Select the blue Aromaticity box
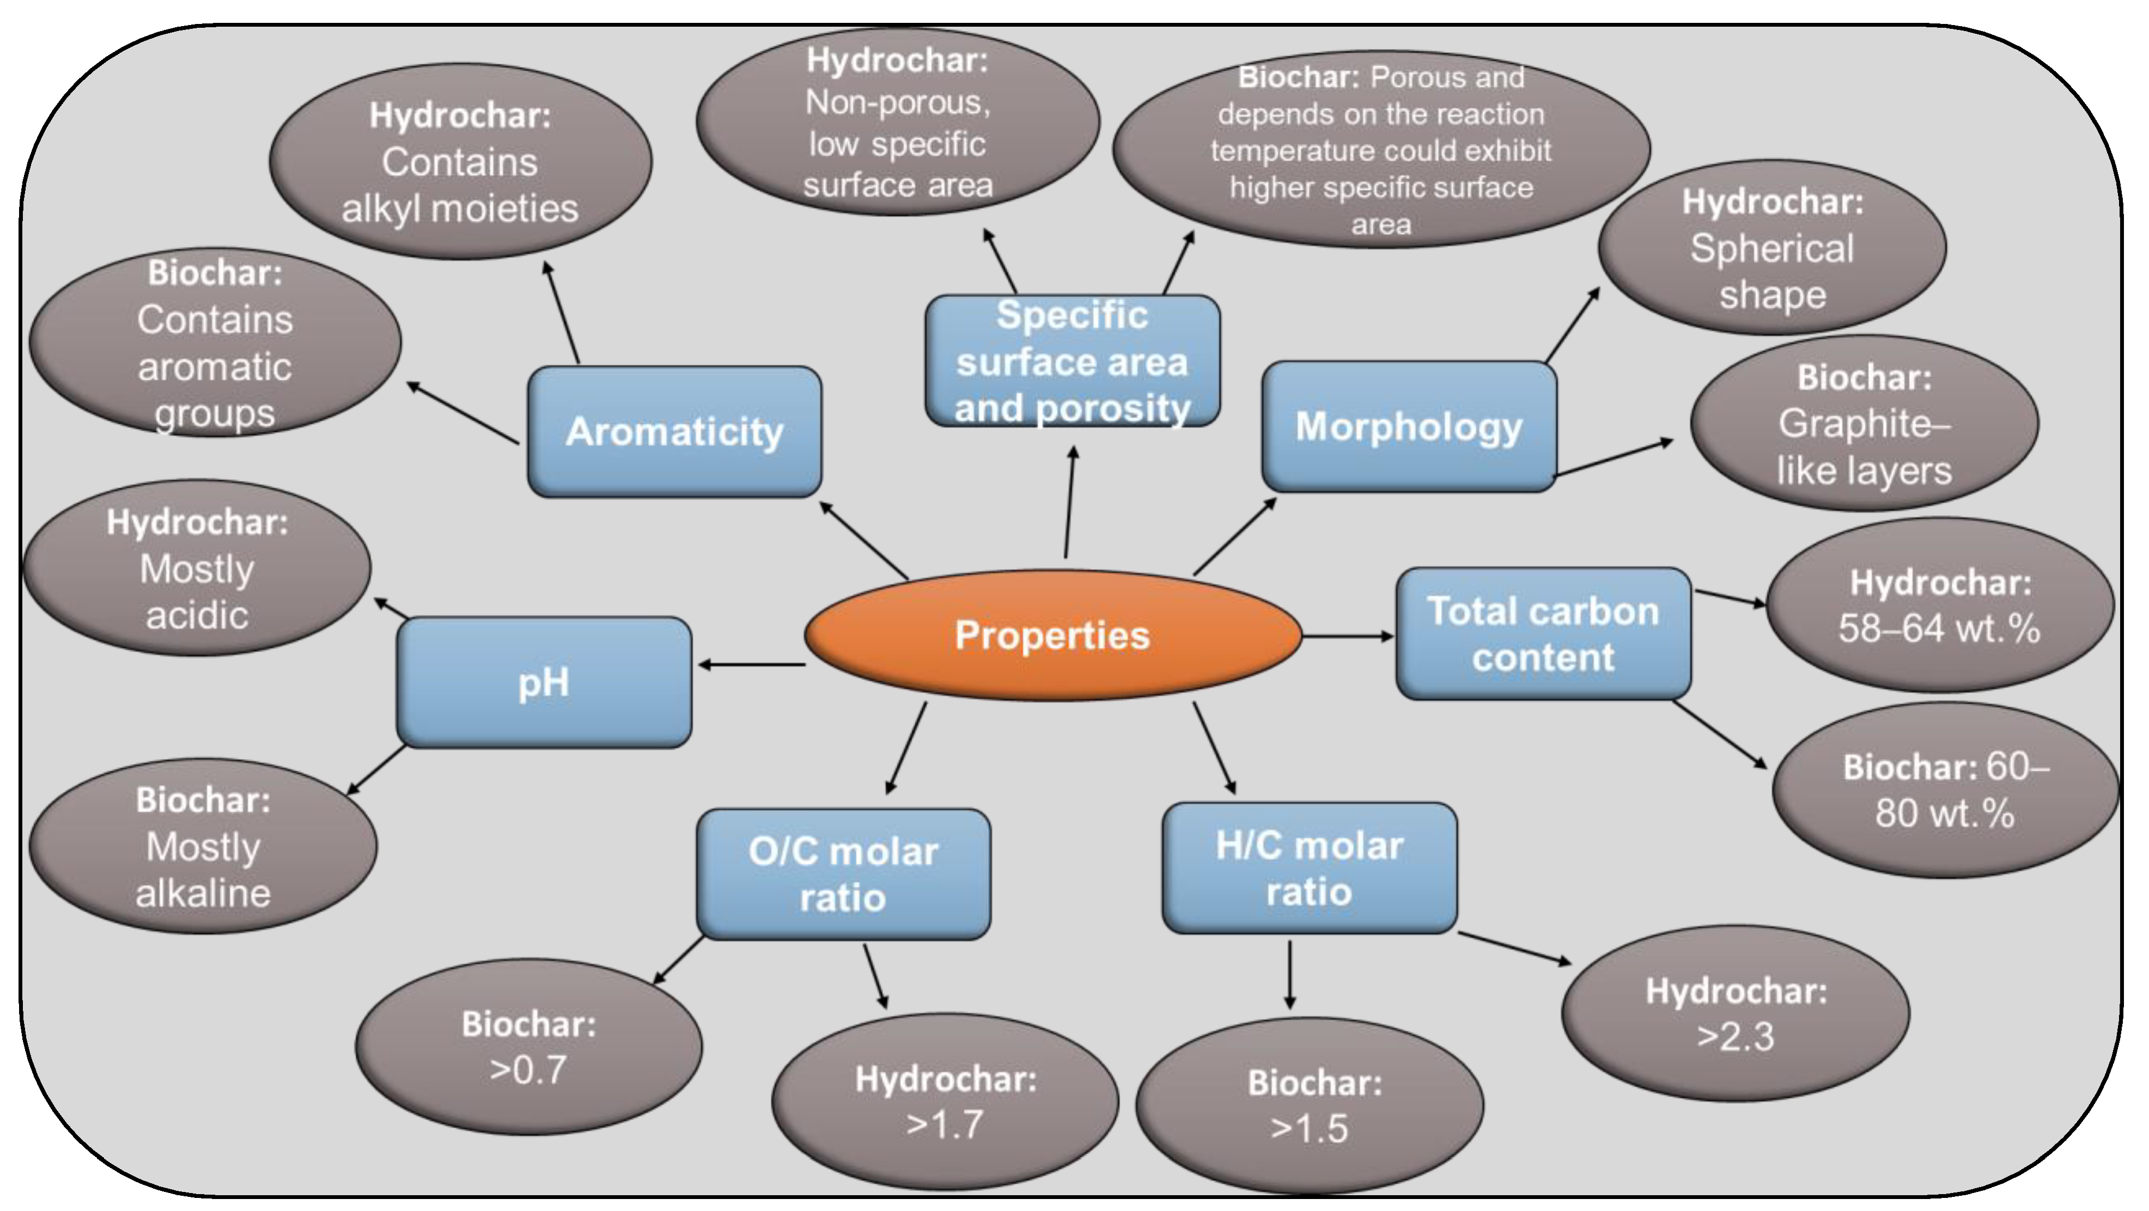[x=674, y=431]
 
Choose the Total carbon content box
[x=1543, y=634]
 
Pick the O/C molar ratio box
[x=843, y=873]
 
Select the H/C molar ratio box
[x=1309, y=868]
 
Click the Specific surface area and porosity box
[x=1072, y=361]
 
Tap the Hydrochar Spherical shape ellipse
[x=1772, y=248]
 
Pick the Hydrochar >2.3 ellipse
[x=1735, y=1013]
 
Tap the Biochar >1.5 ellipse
[x=1309, y=1105]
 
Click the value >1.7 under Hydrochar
[x=945, y=1124]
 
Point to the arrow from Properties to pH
[x=751, y=665]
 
